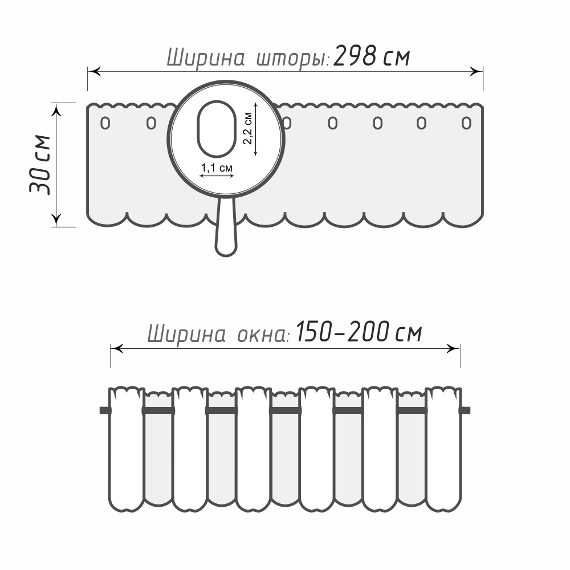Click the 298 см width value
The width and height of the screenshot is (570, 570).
[371, 56]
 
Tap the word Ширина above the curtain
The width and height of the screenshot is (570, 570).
[205, 58]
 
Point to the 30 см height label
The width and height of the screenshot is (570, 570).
[40, 165]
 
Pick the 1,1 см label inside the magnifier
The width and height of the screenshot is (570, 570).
[217, 168]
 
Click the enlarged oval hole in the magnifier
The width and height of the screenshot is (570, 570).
[217, 129]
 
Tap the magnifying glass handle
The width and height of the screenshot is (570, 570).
[226, 226]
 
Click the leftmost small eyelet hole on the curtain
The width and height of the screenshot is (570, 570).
[105, 123]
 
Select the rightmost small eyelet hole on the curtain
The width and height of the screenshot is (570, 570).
[466, 123]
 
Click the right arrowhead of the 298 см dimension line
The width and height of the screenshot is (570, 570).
[477, 71]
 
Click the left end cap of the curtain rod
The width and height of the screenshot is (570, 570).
[105, 410]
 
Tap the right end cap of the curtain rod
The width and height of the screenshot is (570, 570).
[466, 410]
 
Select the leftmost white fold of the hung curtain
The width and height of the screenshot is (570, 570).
[126, 449]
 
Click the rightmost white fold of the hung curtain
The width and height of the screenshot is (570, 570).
[443, 449]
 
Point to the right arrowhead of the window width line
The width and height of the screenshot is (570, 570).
[453, 349]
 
